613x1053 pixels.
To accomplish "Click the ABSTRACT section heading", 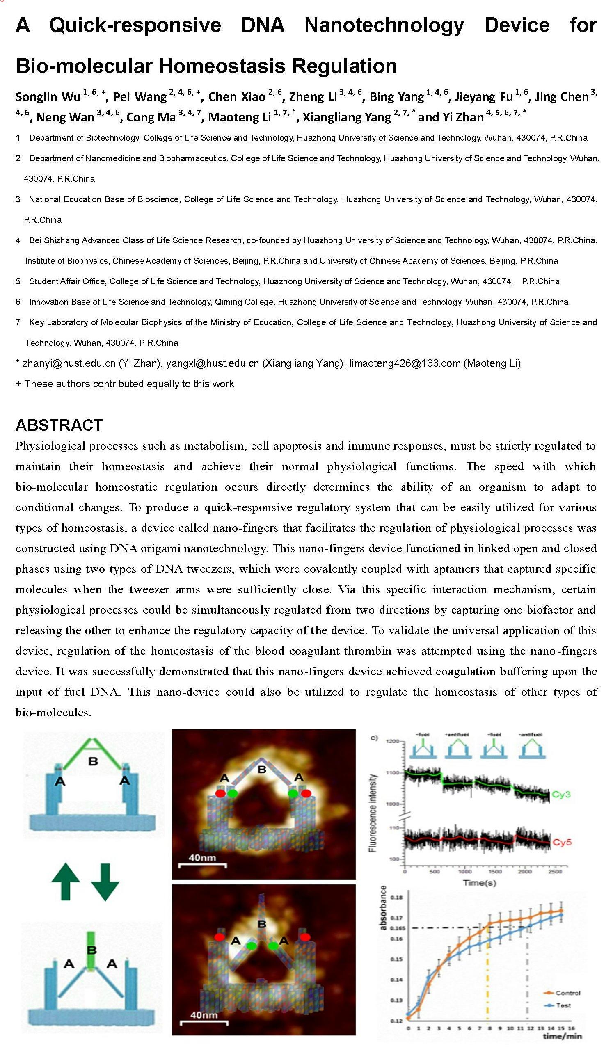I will (x=59, y=425).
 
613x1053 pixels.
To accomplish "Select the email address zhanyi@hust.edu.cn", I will (x=69, y=363).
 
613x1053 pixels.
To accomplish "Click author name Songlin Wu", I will (x=48, y=97).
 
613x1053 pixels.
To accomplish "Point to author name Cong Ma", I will (x=151, y=117).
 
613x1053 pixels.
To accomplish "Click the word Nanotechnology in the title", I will (x=384, y=25).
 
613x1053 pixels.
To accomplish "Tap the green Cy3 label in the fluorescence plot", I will (x=561, y=794).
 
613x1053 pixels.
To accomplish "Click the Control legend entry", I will (x=568, y=993).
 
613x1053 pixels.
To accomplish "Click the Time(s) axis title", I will (x=479, y=882).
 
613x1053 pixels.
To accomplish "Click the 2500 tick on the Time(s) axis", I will (x=555, y=872).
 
